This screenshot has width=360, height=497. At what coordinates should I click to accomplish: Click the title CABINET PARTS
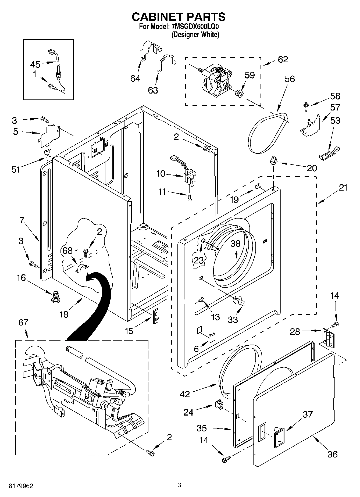(x=179, y=17)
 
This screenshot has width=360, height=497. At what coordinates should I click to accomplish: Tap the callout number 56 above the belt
(x=290, y=79)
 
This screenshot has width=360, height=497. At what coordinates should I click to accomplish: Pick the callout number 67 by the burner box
(x=23, y=322)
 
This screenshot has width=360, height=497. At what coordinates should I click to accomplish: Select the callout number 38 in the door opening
(x=236, y=244)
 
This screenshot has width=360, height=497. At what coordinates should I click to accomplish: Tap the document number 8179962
(x=17, y=486)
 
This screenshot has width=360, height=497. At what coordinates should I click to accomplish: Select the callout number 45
(x=35, y=65)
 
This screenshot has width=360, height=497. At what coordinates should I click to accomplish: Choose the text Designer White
(x=195, y=35)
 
